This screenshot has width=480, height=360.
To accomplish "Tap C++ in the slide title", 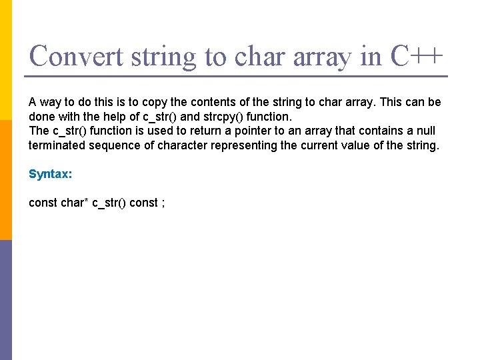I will click(x=416, y=56).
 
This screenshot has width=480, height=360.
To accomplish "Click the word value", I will click(x=361, y=145).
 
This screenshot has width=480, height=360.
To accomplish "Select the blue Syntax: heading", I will click(x=49, y=174).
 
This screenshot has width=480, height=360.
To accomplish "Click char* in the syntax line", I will click(x=75, y=203).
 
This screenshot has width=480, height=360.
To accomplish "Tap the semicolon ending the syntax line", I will click(x=163, y=203).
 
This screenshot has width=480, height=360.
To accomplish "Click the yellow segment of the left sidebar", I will click(x=6, y=60).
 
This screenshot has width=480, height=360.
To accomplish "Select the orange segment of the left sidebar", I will click(x=6, y=180).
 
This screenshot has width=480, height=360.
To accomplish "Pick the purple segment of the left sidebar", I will click(x=6, y=300).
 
